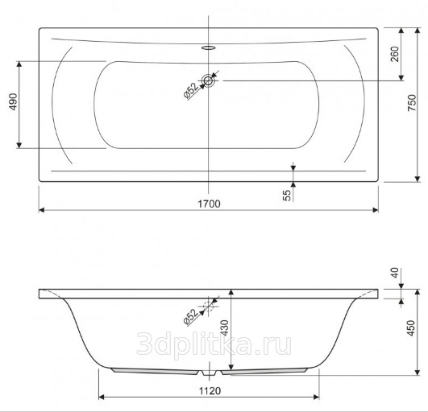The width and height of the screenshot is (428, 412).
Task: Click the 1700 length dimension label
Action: (x=209, y=204)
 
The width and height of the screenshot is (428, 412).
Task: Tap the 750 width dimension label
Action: (x=412, y=102)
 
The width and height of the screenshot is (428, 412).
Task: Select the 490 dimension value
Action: (x=13, y=101)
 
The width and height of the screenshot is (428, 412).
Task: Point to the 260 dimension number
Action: (x=395, y=54)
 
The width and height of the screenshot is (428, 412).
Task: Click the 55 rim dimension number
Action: (x=287, y=196)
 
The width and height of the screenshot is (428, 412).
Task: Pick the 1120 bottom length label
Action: (x=210, y=391)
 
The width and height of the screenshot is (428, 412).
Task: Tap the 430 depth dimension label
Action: (x=224, y=328)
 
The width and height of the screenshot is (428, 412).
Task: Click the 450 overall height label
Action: (x=411, y=328)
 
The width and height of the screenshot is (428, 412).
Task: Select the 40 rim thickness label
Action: (x=395, y=273)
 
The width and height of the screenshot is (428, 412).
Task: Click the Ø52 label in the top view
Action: (x=191, y=91)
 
